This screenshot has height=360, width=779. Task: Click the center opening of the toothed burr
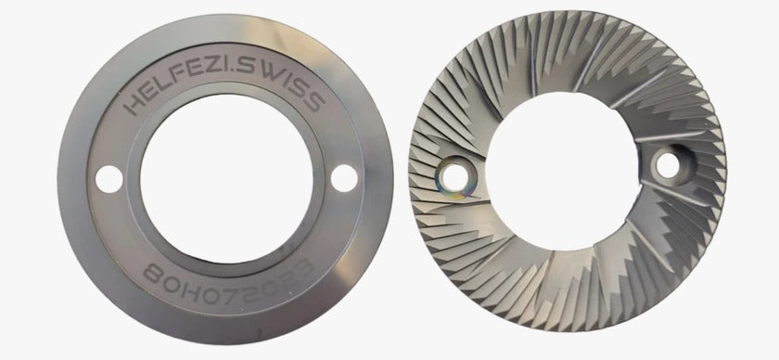click(560, 173)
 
